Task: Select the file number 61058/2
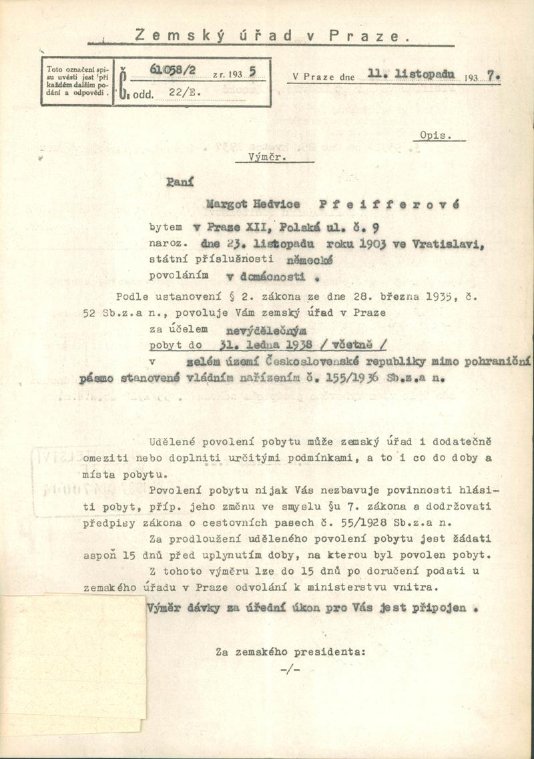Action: tap(171, 71)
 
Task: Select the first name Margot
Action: tap(228, 204)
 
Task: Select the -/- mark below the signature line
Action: tap(290, 669)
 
